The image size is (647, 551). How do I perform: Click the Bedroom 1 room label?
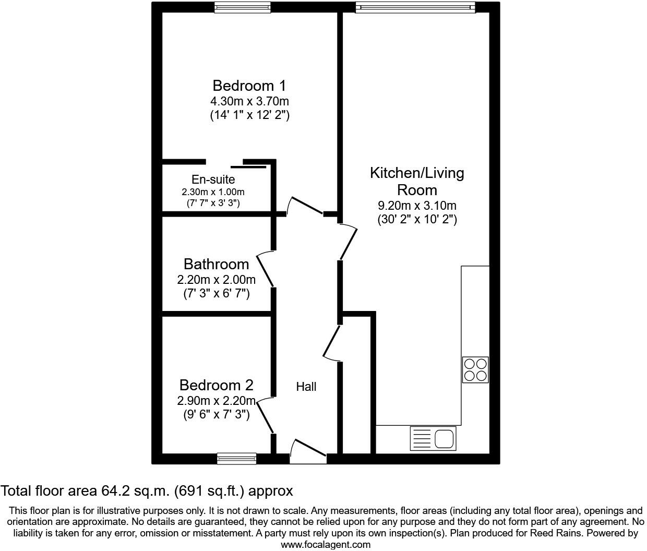click(x=249, y=86)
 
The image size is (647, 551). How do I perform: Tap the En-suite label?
click(x=213, y=180)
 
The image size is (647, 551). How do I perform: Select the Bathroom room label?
click(x=216, y=264)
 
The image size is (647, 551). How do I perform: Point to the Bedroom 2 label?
click(x=216, y=385)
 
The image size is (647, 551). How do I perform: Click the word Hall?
click(x=306, y=387)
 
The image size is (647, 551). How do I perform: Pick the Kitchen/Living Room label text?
click(x=417, y=181)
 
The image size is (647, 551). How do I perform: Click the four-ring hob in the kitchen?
click(x=475, y=369)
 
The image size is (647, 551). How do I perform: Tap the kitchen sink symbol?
click(x=434, y=438)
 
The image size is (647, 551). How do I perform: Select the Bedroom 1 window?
click(x=242, y=7)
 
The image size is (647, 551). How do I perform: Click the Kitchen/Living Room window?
click(x=416, y=7)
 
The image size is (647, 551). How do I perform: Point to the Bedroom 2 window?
click(x=237, y=459)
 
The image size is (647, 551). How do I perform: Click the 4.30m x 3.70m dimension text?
click(x=249, y=101)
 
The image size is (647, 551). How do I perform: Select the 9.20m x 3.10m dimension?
click(x=417, y=206)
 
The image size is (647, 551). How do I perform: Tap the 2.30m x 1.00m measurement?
click(x=213, y=192)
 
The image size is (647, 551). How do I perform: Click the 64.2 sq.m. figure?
click(x=137, y=491)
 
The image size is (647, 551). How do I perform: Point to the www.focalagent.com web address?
click(x=326, y=545)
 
